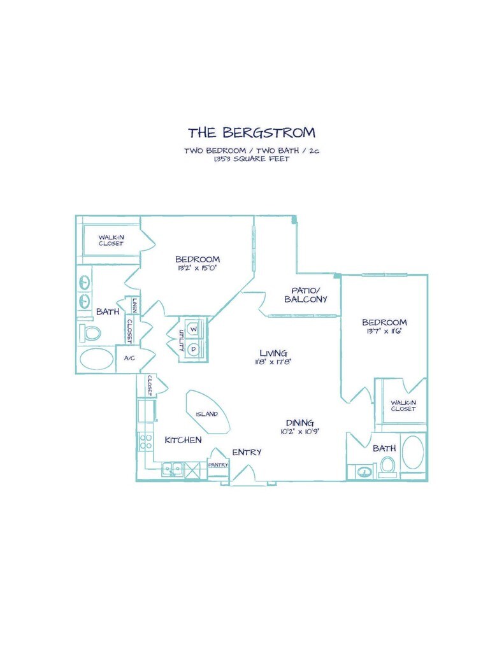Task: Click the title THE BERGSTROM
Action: pyautogui.click(x=251, y=132)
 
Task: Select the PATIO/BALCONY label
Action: pyautogui.click(x=306, y=295)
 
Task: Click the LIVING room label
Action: pyautogui.click(x=273, y=353)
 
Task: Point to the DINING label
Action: pyautogui.click(x=299, y=422)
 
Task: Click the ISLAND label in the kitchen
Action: pyautogui.click(x=206, y=414)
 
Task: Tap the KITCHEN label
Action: pyautogui.click(x=183, y=440)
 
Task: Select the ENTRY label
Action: pyautogui.click(x=247, y=452)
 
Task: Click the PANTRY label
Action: pyautogui.click(x=218, y=465)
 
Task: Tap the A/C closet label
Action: pyautogui.click(x=129, y=358)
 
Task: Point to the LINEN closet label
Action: pyautogui.click(x=135, y=306)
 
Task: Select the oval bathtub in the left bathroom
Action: pyautogui.click(x=96, y=359)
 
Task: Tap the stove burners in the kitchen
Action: pyautogui.click(x=145, y=441)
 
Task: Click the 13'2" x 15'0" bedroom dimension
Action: pyautogui.click(x=198, y=268)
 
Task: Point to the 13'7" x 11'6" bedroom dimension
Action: pyautogui.click(x=384, y=331)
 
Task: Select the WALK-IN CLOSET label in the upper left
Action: pyautogui.click(x=111, y=240)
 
